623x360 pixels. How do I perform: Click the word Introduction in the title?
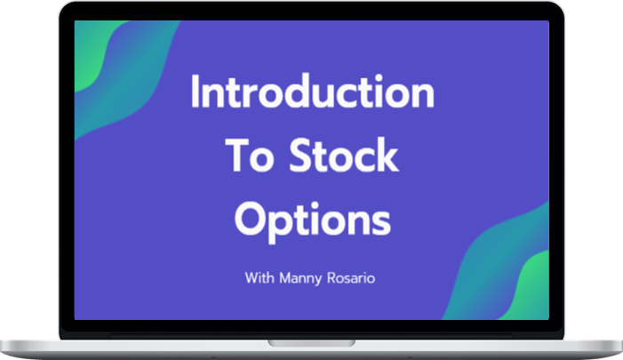(312, 91)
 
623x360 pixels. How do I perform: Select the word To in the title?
(251, 155)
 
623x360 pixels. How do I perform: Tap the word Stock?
(344, 154)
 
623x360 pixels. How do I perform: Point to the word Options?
(313, 220)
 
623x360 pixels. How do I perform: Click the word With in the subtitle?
(260, 277)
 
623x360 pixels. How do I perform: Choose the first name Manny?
(300, 278)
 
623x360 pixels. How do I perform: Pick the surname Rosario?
(351, 277)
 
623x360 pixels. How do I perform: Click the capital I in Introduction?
(195, 91)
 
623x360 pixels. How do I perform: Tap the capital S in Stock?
(301, 155)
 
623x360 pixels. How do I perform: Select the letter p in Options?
(277, 226)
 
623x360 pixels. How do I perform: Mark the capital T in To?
(238, 155)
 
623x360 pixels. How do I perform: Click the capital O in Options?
(250, 219)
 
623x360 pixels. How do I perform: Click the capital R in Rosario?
(331, 277)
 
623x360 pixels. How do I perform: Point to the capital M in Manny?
(285, 277)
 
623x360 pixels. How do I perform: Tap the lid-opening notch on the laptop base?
(311, 343)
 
